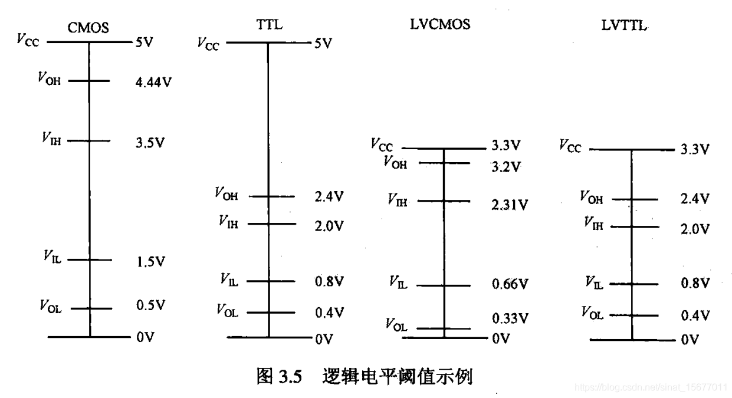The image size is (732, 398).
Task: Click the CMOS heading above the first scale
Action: click(x=88, y=28)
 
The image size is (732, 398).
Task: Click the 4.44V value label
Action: click(x=153, y=81)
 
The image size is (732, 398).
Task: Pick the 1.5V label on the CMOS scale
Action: click(x=150, y=261)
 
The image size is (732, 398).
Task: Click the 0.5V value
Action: click(x=150, y=305)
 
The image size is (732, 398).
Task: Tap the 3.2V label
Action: click(x=506, y=167)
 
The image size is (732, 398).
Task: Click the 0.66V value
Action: click(x=510, y=285)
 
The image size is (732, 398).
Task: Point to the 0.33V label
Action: click(x=510, y=319)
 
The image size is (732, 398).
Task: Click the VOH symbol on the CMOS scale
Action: click(x=49, y=79)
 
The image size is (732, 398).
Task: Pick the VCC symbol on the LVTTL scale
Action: click(x=570, y=146)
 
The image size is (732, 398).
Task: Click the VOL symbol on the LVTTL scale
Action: click(x=592, y=313)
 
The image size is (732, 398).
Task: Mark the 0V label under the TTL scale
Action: click(x=324, y=339)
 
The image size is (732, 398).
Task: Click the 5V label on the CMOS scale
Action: click(x=144, y=42)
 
